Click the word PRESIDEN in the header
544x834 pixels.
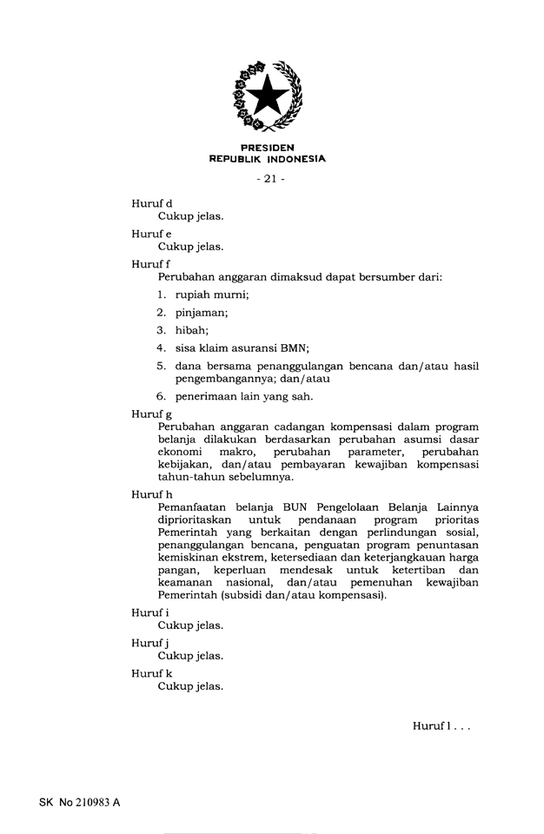pyautogui.click(x=267, y=148)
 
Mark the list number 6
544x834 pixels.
pyautogui.click(x=162, y=396)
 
